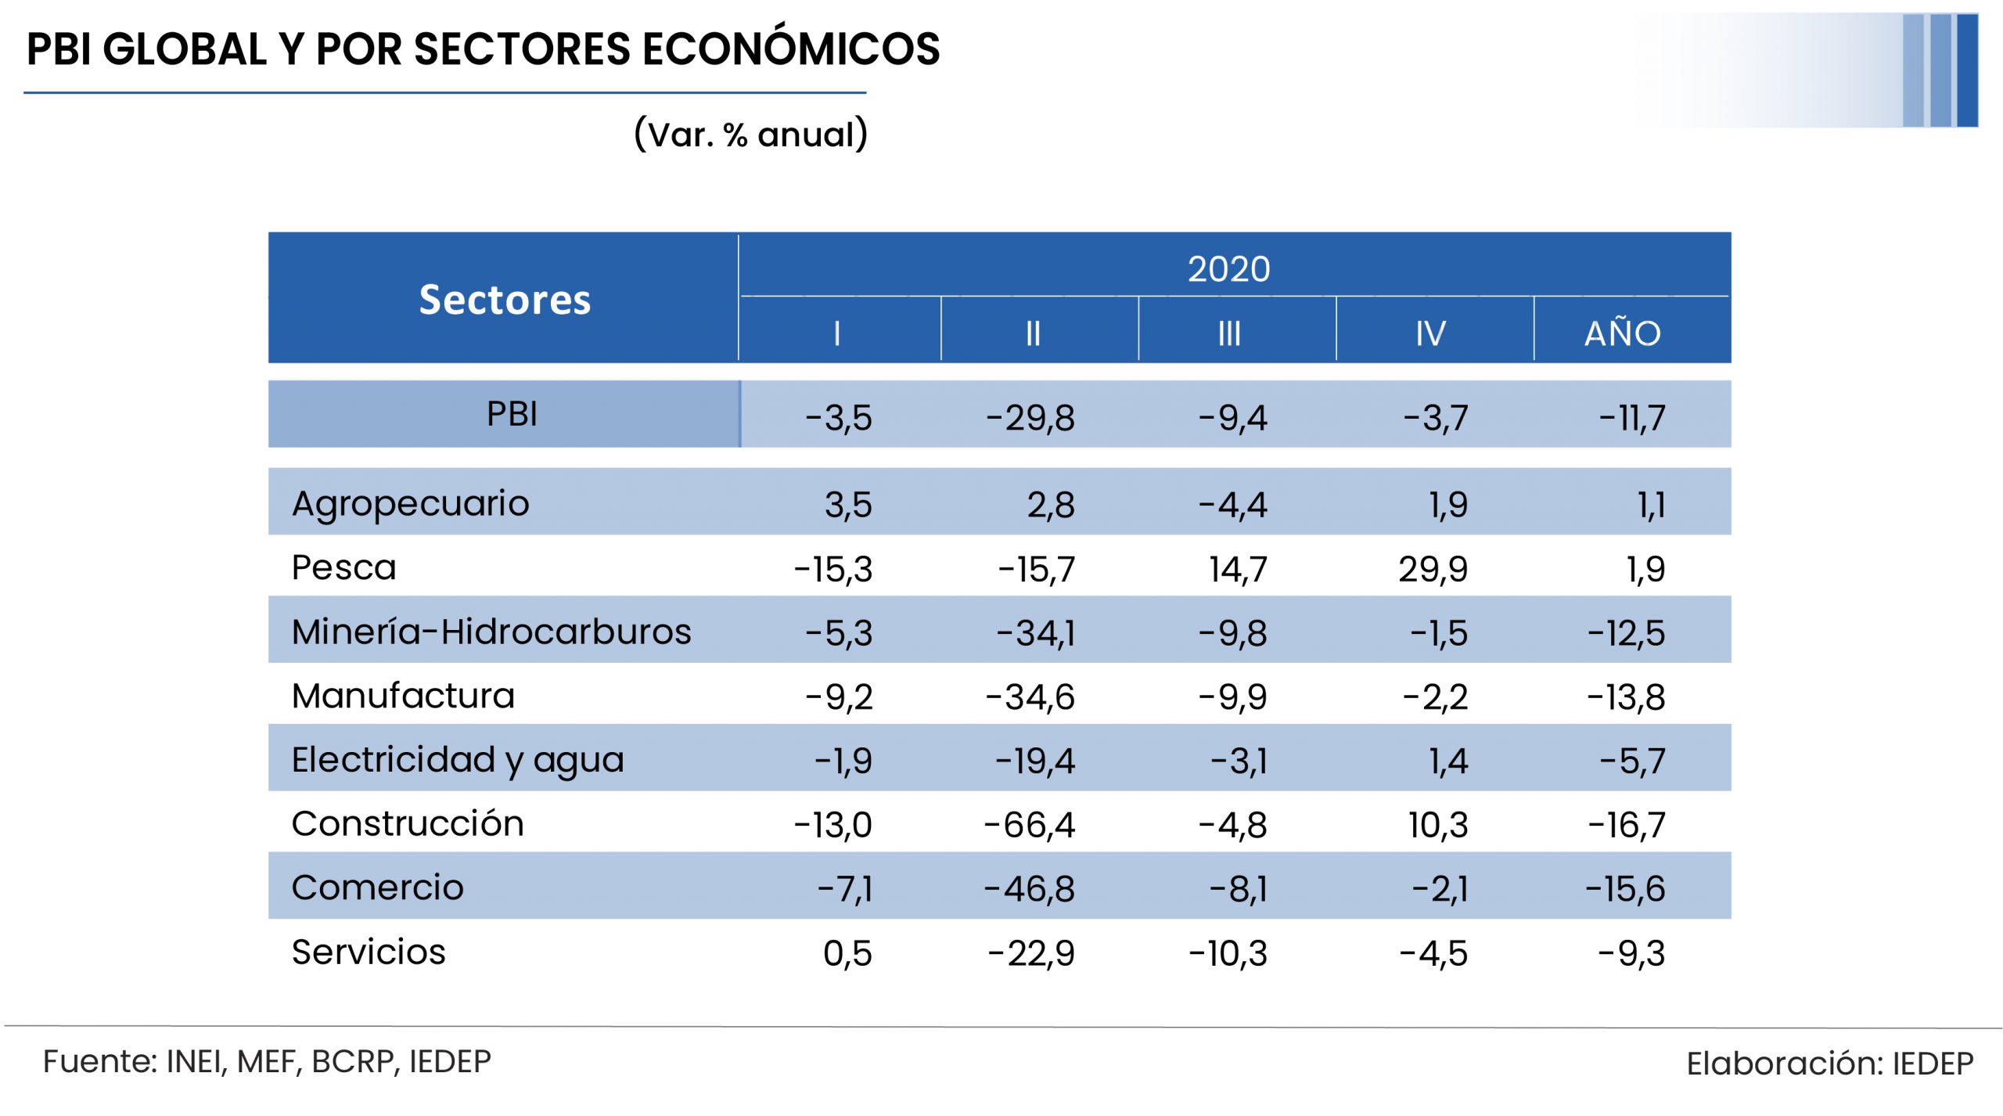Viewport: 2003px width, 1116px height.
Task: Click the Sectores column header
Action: (505, 300)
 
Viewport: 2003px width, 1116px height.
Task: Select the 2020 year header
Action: (1228, 268)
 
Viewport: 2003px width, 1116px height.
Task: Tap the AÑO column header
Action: (1623, 333)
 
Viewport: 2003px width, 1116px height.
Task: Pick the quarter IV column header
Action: (1430, 334)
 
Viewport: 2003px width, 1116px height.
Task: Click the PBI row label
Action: (512, 414)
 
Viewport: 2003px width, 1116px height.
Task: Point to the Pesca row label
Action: (343, 567)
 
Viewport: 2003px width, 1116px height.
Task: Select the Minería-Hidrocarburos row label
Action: (491, 632)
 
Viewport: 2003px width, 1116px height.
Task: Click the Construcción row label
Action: (407, 823)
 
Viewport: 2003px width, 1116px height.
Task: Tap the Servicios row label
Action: (368, 952)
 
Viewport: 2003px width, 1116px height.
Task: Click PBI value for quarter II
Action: (1030, 418)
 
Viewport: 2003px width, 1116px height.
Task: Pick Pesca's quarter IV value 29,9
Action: (1433, 569)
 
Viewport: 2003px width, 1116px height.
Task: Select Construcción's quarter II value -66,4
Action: (1030, 825)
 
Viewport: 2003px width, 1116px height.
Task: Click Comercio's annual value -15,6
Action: (1625, 889)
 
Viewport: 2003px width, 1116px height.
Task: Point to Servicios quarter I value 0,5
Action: (847, 953)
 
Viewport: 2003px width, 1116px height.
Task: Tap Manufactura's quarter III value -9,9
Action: (1232, 697)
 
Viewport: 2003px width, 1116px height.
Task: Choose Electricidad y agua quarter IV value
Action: (1448, 761)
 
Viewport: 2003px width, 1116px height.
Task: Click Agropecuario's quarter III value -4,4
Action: (1232, 505)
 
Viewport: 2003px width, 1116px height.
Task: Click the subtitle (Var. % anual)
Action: (750, 134)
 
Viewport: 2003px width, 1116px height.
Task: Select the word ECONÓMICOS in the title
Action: (791, 49)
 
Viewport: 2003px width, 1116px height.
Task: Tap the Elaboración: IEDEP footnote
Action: (1829, 1064)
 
